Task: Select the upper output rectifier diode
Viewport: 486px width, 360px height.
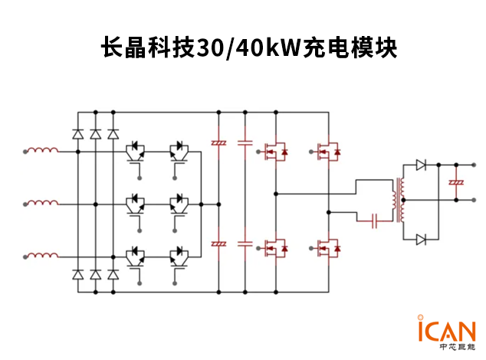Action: point(421,164)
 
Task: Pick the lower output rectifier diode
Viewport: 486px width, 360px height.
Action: point(421,240)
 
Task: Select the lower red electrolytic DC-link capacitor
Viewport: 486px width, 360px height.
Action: point(218,243)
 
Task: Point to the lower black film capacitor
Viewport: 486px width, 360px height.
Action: point(245,243)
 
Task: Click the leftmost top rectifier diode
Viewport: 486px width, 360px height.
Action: point(77,134)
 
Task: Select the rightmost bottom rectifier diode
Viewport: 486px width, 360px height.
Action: point(113,273)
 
